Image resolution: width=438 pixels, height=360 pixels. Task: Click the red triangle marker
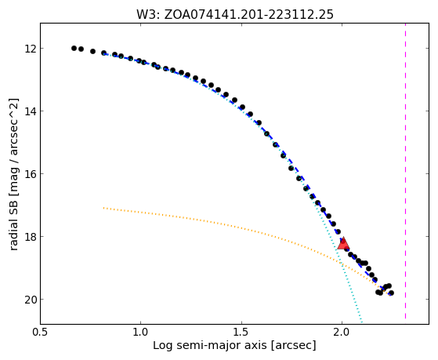pyautogui.click(x=343, y=244)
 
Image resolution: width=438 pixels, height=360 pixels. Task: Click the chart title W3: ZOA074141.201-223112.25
pyautogui.click(x=234, y=15)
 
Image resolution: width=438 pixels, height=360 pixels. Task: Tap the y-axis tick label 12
pyautogui.click(x=31, y=49)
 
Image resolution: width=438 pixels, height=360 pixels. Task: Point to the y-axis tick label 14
pyautogui.click(x=31, y=111)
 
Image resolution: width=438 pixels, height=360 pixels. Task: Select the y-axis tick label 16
pyautogui.click(x=31, y=173)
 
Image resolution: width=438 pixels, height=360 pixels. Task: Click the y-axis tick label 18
pyautogui.click(x=31, y=237)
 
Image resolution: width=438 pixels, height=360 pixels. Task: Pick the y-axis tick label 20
pyautogui.click(x=31, y=300)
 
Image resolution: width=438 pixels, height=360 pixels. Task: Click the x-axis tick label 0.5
pyautogui.click(x=40, y=333)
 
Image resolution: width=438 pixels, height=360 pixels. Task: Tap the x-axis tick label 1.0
pyautogui.click(x=141, y=333)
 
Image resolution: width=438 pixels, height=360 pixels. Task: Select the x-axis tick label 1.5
pyautogui.click(x=241, y=333)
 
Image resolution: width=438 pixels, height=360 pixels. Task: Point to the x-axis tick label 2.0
pyautogui.click(x=342, y=333)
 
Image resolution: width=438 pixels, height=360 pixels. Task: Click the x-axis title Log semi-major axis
pyautogui.click(x=210, y=346)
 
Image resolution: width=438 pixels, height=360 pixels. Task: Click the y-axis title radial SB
pyautogui.click(x=14, y=223)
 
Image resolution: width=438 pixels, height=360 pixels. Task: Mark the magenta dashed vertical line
pyautogui.click(x=405, y=171)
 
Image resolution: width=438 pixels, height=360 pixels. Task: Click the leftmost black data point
pyautogui.click(x=74, y=48)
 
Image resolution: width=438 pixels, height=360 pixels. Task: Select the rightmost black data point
pyautogui.click(x=391, y=293)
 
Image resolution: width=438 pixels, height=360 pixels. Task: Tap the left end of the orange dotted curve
pyautogui.click(x=103, y=208)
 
